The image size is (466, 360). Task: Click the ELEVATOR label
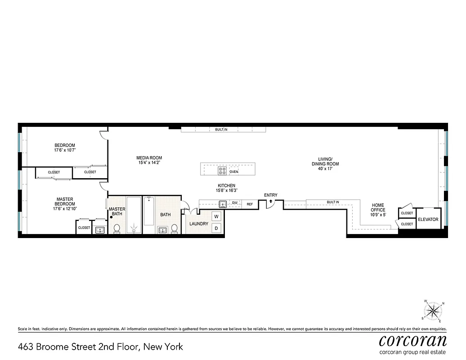[x=428, y=220]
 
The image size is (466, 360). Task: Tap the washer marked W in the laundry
[x=216, y=216]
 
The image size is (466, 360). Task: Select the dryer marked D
[x=216, y=228]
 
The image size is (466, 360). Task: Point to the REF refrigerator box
[x=250, y=204]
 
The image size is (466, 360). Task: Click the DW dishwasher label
[x=235, y=203]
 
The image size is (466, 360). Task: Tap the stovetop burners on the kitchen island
[x=222, y=171]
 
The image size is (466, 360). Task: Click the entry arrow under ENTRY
[x=270, y=201]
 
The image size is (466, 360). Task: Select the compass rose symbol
[x=434, y=310]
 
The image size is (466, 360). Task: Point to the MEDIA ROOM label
[x=149, y=158]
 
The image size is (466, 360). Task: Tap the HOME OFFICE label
[x=378, y=207]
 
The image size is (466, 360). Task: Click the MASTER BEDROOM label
[x=65, y=202]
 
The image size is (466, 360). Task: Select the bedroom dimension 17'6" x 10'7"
[x=65, y=150]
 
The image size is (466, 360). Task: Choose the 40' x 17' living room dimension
[x=325, y=169]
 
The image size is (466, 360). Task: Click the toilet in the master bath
[x=117, y=229]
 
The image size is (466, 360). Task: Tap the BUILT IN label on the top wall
[x=221, y=130]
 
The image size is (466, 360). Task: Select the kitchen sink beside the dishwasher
[x=222, y=204]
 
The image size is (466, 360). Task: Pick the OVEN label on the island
[x=234, y=172]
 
